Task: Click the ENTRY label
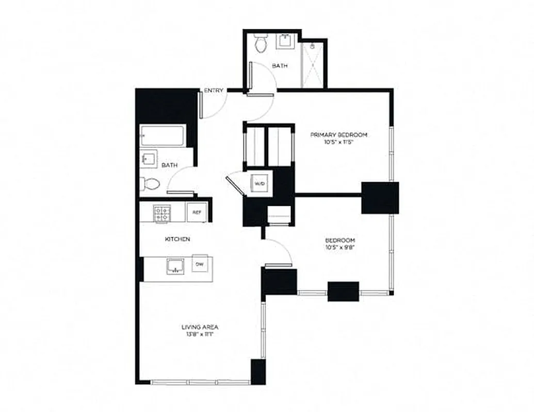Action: [x=214, y=91]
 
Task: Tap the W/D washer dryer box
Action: [x=258, y=183]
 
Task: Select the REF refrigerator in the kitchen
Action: [x=197, y=212]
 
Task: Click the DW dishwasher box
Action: [x=199, y=264]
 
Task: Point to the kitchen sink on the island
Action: [x=175, y=266]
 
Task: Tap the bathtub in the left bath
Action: [x=163, y=136]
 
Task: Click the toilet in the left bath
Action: [x=151, y=183]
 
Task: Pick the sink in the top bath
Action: [x=285, y=41]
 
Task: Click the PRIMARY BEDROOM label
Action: [x=338, y=135]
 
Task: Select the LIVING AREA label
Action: [x=200, y=327]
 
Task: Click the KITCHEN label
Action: [x=177, y=239]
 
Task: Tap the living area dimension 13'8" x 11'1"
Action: [x=200, y=335]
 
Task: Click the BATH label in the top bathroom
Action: [x=280, y=66]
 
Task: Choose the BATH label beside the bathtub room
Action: [x=170, y=165]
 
